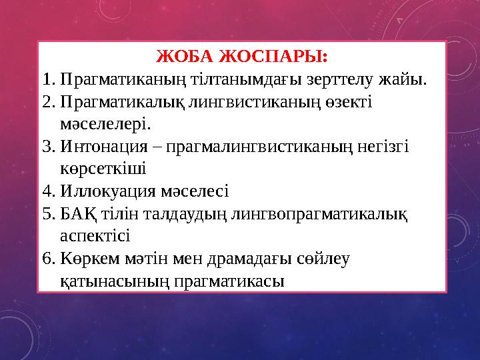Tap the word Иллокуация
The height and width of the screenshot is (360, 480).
[107, 192]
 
